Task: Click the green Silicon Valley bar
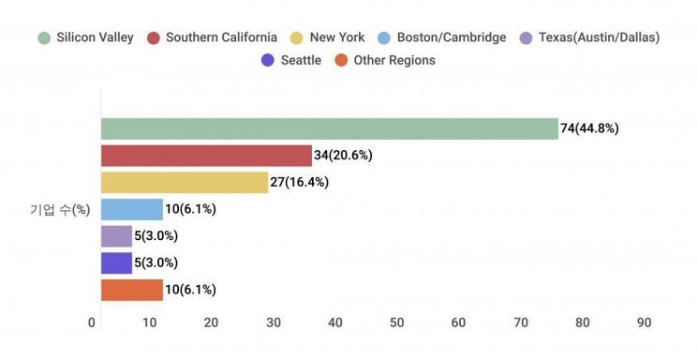pos(330,128)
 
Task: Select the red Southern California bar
pos(206,156)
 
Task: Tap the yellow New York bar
pos(185,182)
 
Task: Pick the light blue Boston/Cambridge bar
pos(132,209)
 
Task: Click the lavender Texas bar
pos(116,236)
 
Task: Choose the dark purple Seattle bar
pos(116,262)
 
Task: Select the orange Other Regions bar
pos(132,290)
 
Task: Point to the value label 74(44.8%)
pos(589,128)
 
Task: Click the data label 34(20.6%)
pos(343,155)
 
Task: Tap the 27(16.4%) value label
pos(300,182)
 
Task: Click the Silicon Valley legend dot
pos(44,37)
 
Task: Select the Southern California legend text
pos(222,37)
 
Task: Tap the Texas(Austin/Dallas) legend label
pos(600,37)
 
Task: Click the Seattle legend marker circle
pos(268,60)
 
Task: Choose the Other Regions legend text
pos(394,60)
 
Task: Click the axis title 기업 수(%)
pos(60,209)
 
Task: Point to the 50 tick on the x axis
pos(396,322)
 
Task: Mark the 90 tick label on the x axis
pos(645,322)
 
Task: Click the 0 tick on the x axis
pos(92,322)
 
